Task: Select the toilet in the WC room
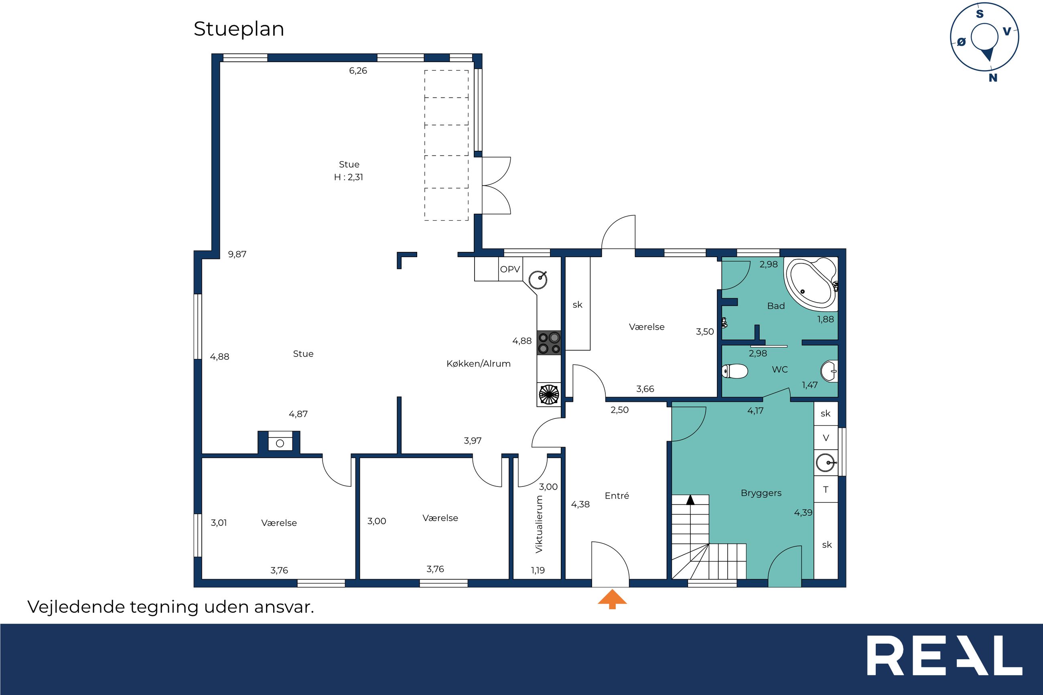click(x=735, y=371)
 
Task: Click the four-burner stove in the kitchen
click(x=549, y=342)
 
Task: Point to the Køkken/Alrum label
click(x=478, y=364)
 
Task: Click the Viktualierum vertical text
click(x=539, y=524)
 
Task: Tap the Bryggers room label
click(x=761, y=493)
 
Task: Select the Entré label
click(x=617, y=496)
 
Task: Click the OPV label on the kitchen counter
click(x=510, y=269)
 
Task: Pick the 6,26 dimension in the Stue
click(x=358, y=71)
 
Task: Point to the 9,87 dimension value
click(x=237, y=254)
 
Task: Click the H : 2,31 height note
click(x=349, y=177)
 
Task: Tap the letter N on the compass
click(x=993, y=77)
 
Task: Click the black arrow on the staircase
click(x=690, y=500)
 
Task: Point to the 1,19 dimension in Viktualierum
click(x=538, y=570)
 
